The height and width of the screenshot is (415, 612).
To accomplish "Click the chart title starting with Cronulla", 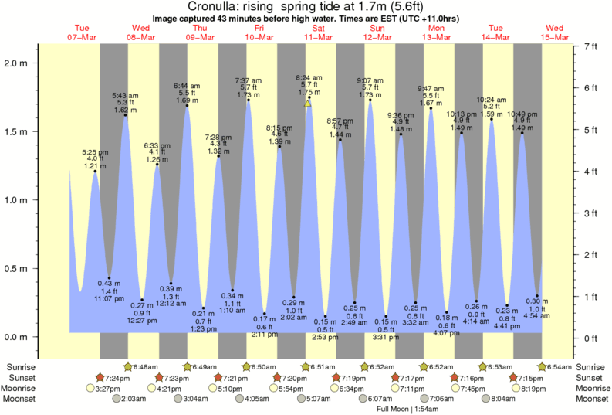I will click(306, 7).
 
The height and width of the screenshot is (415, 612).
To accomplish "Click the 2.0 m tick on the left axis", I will click(17, 63).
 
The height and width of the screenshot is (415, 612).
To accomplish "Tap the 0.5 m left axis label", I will click(17, 269).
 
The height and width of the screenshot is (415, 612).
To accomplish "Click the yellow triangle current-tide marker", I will click(307, 103).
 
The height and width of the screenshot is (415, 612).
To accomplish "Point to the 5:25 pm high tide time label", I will click(95, 151).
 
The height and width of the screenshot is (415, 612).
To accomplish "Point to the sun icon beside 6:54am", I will click(543, 366).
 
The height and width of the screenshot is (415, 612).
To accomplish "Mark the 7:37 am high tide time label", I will click(248, 80).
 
